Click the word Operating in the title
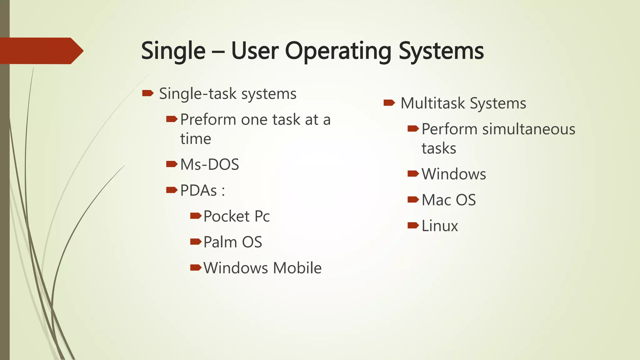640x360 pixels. (x=338, y=51)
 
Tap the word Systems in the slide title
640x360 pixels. (x=441, y=51)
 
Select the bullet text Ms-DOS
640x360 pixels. (x=209, y=164)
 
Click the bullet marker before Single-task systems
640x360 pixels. (x=147, y=93)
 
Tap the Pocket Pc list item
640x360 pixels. (x=236, y=216)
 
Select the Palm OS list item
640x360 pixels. (x=232, y=242)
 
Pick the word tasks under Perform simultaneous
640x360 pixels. (x=439, y=148)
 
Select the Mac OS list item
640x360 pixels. (x=448, y=200)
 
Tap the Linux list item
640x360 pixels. (x=439, y=226)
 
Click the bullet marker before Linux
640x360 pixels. (x=413, y=225)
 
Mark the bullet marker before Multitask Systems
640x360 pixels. (x=389, y=102)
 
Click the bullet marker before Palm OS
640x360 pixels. (x=196, y=242)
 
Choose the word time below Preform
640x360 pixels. (x=196, y=139)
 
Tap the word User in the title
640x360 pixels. (x=255, y=51)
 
